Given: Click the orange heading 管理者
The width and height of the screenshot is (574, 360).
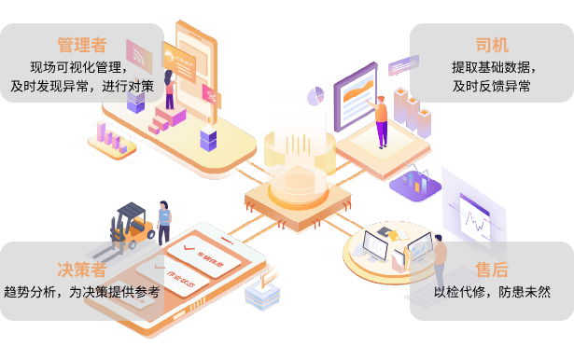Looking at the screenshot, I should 81,45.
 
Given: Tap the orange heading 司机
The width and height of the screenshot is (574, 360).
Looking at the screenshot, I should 491,45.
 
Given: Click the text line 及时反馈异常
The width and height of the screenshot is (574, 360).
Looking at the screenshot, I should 491,86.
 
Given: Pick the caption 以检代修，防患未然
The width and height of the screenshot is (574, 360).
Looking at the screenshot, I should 491,292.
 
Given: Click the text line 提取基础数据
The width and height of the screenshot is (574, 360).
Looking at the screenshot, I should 491,66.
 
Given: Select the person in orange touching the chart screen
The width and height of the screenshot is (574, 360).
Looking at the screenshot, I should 381,119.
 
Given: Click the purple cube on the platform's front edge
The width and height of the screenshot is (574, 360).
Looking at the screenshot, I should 208,140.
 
